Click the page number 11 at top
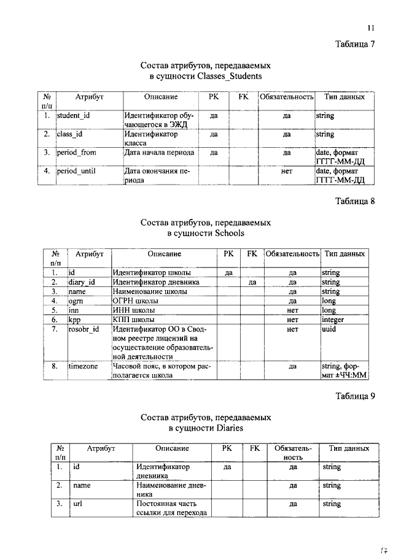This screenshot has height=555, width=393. click(370, 28)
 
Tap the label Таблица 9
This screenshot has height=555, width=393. click(354, 396)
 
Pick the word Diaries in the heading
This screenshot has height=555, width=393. click(229, 427)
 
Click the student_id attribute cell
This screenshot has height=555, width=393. click(74, 115)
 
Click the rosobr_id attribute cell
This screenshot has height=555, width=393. click(84, 330)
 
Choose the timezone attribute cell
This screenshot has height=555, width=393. click(83, 367)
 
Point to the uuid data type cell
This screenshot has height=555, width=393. click(330, 330)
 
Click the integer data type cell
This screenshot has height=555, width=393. click(333, 320)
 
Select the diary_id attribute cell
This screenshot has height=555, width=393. click(82, 282)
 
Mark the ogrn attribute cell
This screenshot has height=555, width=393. click(76, 301)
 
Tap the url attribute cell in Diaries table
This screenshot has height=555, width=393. click(78, 504)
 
